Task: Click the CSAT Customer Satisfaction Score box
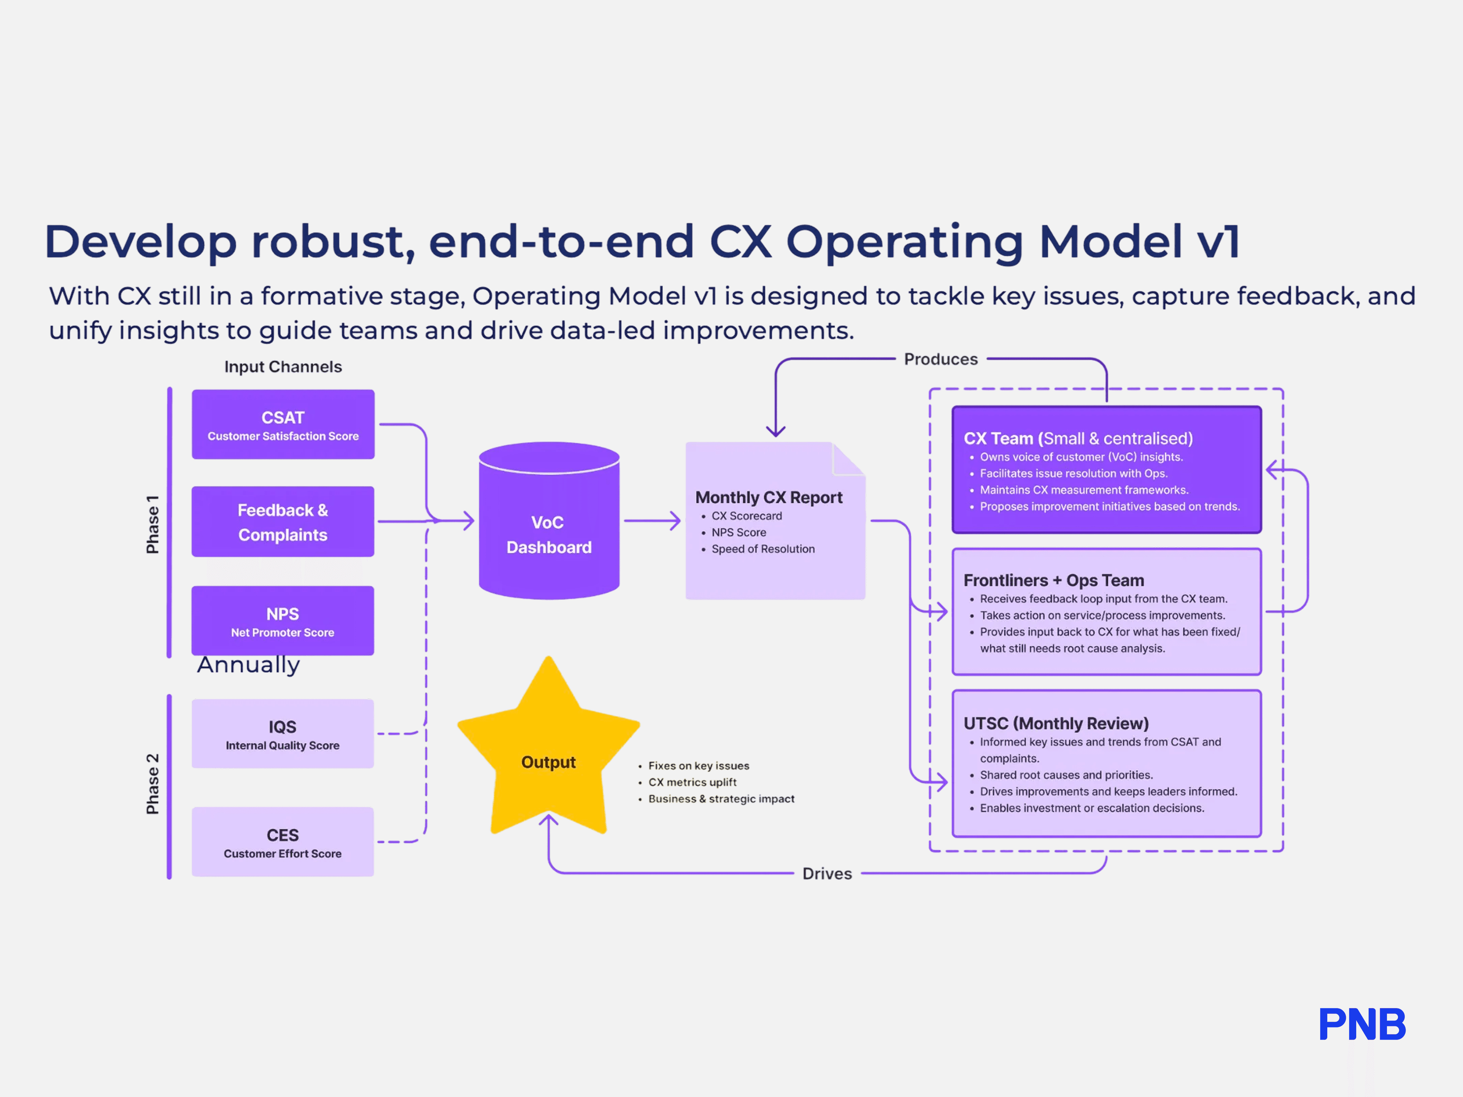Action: [x=283, y=425]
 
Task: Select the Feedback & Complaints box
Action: [x=283, y=522]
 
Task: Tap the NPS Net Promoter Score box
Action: [x=283, y=621]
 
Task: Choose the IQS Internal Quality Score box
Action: [x=283, y=734]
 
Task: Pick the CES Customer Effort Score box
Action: [x=283, y=842]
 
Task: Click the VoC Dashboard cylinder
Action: [x=549, y=522]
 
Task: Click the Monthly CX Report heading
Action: [x=769, y=497]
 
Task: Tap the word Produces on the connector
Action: [x=940, y=359]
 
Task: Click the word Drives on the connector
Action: [x=827, y=873]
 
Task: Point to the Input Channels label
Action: [x=283, y=367]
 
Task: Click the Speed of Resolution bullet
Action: [x=763, y=549]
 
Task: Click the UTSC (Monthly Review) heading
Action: [x=1055, y=723]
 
